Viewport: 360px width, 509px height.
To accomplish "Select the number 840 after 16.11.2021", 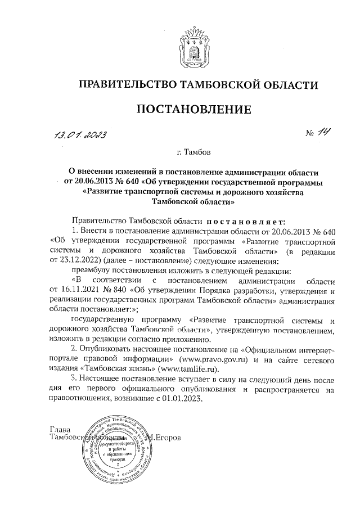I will [x=119, y=290].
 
